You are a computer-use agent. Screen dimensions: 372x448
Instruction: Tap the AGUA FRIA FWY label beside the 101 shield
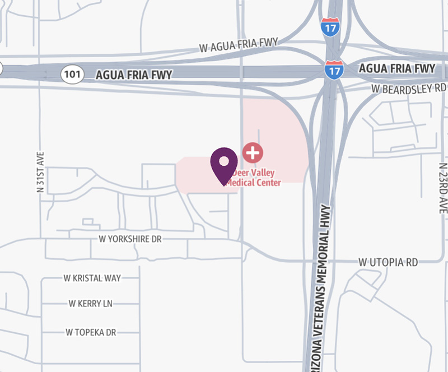[x=134, y=74]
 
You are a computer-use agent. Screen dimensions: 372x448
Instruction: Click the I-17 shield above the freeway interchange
[x=330, y=27]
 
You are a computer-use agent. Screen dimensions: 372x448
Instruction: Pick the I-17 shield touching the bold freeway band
[x=334, y=69]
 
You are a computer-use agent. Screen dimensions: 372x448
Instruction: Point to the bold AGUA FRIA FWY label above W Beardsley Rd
[x=396, y=68]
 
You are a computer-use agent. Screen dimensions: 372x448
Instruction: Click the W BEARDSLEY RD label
[x=410, y=89]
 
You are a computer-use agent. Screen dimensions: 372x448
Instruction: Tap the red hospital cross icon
[x=253, y=152]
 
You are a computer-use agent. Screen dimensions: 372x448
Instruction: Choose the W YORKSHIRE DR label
[x=130, y=239]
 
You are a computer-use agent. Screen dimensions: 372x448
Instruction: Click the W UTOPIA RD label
[x=389, y=262]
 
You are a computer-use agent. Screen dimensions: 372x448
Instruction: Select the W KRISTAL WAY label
[x=92, y=278]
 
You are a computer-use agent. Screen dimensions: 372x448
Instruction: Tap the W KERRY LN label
[x=91, y=304]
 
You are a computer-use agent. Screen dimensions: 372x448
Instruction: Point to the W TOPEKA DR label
[x=91, y=332]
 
